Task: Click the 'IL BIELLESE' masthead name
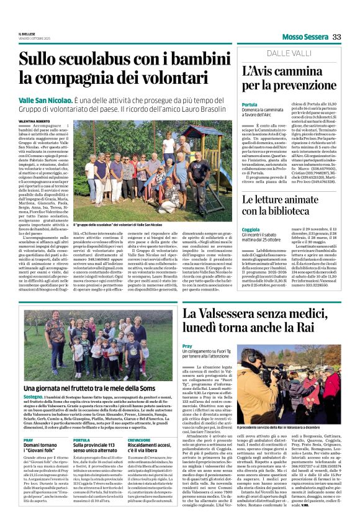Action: point(27,34)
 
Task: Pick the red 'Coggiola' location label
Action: point(251,229)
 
